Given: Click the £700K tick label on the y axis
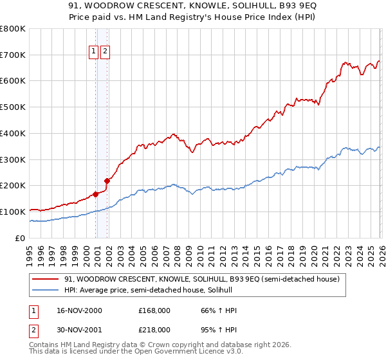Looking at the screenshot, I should point(13,55).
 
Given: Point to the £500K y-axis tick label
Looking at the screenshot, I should point(13,107).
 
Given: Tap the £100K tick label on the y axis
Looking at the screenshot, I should point(13,212).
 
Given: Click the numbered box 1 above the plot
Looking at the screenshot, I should point(93,52).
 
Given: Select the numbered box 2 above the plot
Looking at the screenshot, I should point(105,52).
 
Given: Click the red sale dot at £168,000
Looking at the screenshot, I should point(96,194).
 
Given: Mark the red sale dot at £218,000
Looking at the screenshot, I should point(107,181).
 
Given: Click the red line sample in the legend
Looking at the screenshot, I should point(46,280).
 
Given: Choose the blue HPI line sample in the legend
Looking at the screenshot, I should point(46,291).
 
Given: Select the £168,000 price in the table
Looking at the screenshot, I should point(154,310).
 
